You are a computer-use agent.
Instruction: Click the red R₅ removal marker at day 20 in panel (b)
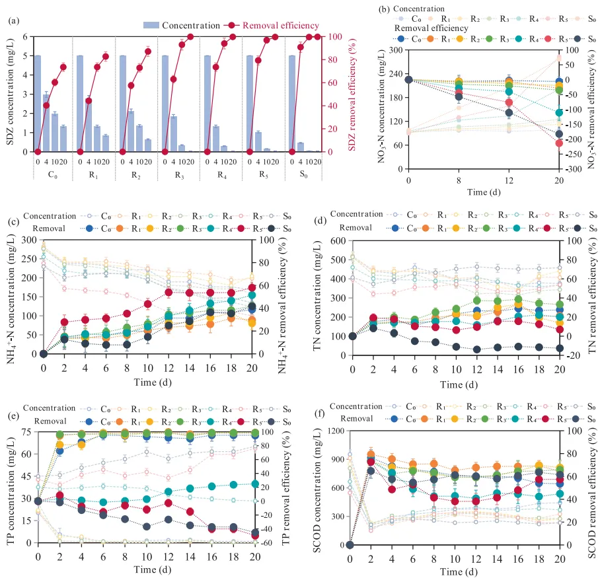click(559, 143)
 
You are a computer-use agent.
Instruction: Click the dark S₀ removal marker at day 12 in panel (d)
click(476, 349)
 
